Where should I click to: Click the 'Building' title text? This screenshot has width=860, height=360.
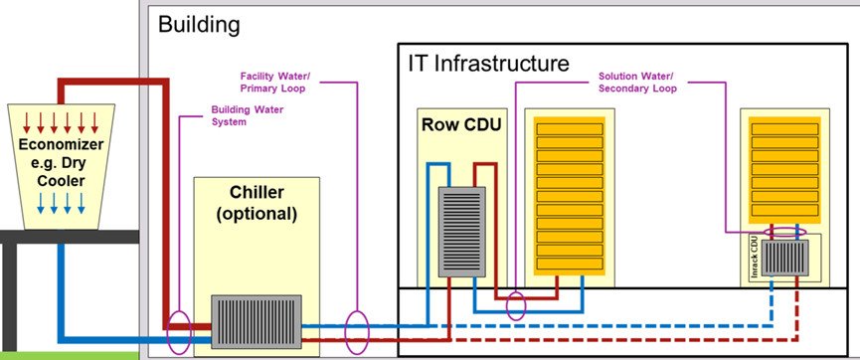pos(199,25)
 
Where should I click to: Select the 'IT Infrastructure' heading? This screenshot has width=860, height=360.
pos(488,64)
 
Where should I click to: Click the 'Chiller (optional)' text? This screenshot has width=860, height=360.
pos(256,202)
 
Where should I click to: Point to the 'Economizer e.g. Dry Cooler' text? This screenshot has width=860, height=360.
pos(60,165)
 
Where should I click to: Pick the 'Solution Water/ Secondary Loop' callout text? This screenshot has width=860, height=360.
pos(636,82)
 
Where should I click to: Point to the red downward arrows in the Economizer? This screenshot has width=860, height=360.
pos(60,122)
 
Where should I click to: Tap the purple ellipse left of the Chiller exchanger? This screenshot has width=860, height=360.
pos(179,333)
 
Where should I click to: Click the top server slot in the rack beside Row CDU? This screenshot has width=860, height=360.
pos(570,129)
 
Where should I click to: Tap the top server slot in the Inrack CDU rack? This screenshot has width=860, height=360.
pos(783,129)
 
